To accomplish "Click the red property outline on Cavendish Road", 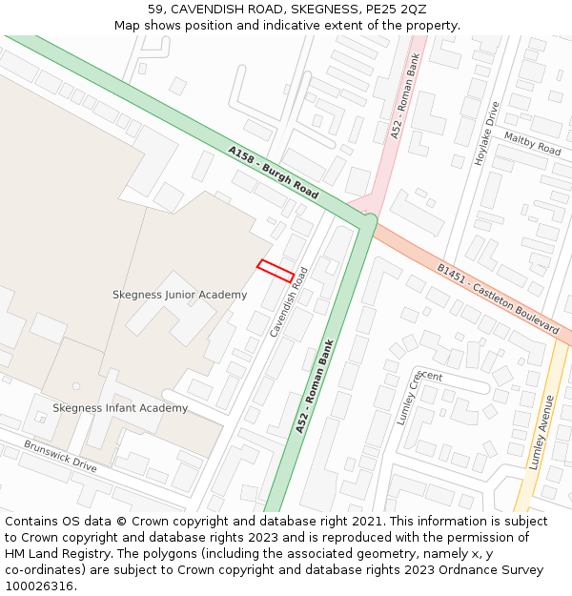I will point(276,271).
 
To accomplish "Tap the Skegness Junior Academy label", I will point(179,295).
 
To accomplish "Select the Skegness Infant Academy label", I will point(120,408).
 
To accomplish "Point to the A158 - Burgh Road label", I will point(273,172).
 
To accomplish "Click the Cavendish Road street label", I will point(289,301).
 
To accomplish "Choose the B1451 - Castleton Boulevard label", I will point(497,298).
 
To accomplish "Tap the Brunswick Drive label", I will point(60,456).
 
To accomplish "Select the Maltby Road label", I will point(533,144).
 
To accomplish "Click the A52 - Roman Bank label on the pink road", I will point(404,97).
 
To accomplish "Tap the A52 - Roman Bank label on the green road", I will point(315,386).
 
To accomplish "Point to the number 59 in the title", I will point(156,10).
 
